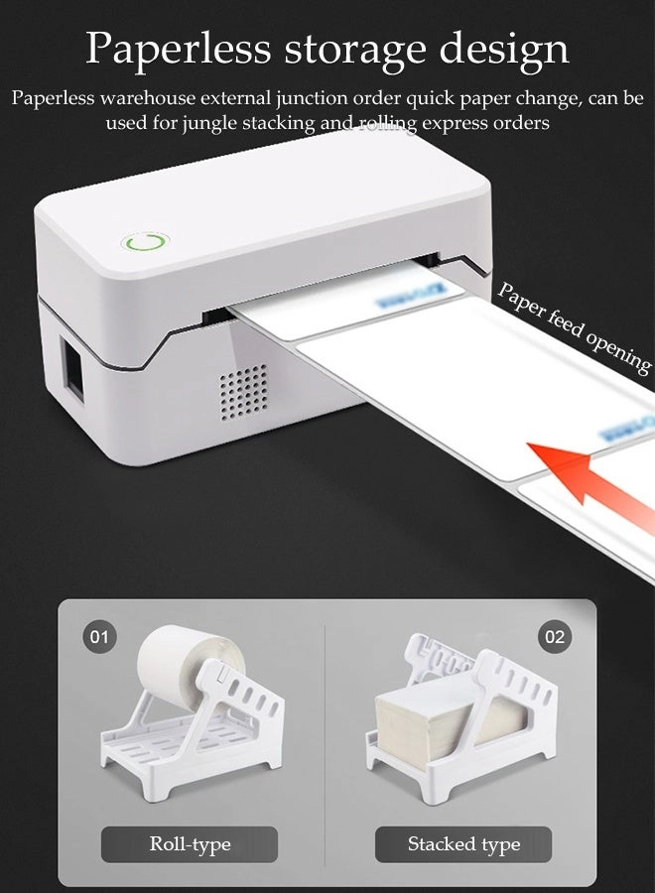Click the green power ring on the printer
[x=145, y=241]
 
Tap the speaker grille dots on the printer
[x=243, y=387]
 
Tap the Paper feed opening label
[x=574, y=326]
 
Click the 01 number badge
[x=99, y=637]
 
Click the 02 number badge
[x=555, y=637]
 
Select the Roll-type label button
[x=190, y=844]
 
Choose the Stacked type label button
[x=463, y=844]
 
